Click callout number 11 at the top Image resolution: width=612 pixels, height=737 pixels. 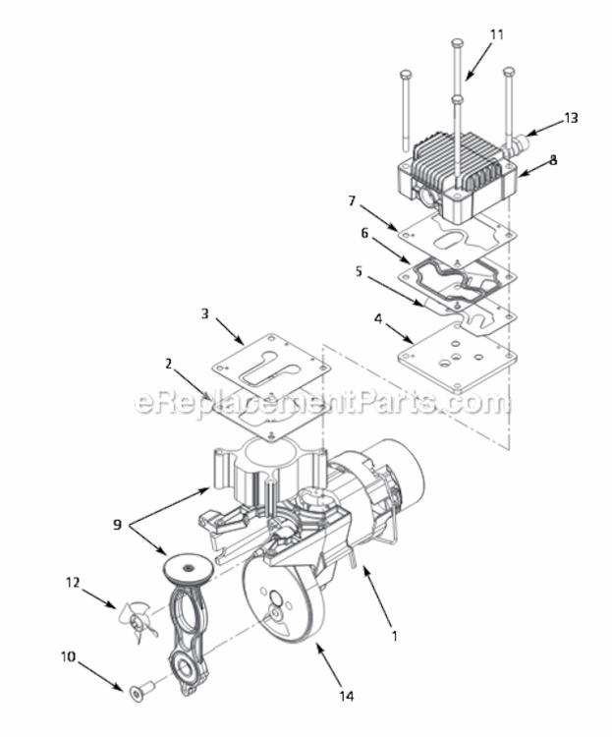click(496, 34)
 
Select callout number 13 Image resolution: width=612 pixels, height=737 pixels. click(571, 118)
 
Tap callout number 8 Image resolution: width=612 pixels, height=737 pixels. click(553, 160)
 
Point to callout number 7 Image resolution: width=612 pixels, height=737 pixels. click(352, 200)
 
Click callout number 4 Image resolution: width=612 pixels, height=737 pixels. click(378, 318)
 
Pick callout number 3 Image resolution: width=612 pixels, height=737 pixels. click(204, 313)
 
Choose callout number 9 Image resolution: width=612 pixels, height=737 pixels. click(117, 525)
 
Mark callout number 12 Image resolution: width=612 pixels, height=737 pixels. click(73, 583)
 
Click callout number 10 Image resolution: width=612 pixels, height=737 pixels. click(68, 656)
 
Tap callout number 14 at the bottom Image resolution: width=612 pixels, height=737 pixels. click(347, 696)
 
